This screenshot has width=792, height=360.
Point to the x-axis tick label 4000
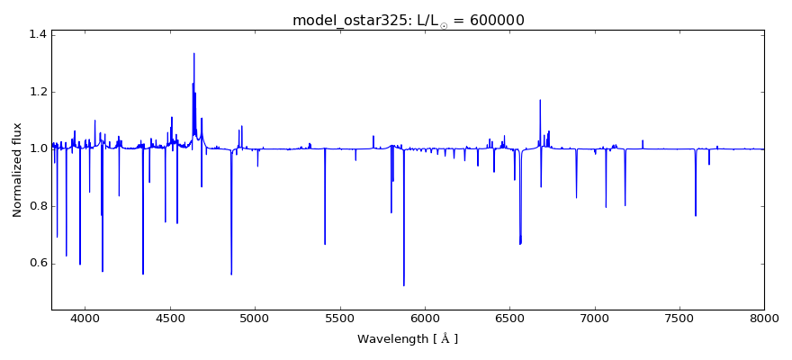(x=85, y=319)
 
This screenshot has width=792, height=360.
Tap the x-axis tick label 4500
(x=170, y=319)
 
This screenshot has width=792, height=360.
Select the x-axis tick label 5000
(x=255, y=319)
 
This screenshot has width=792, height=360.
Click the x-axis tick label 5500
(x=340, y=319)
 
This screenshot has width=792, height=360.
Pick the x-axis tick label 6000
(x=425, y=319)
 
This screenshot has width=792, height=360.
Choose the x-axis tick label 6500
(x=509, y=319)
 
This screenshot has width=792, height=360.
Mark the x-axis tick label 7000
(x=595, y=319)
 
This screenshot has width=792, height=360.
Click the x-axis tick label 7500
(x=679, y=319)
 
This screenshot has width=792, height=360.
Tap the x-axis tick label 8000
(x=764, y=319)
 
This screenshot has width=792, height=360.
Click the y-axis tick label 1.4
(x=37, y=34)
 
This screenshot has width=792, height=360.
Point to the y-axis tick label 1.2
(x=37, y=92)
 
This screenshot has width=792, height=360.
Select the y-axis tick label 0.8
(x=37, y=206)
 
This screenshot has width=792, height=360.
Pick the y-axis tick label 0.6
(x=37, y=263)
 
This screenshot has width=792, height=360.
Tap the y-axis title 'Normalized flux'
(x=17, y=169)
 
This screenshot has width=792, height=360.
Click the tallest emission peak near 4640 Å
(x=193, y=53)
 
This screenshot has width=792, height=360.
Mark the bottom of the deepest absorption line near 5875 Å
(x=404, y=285)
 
